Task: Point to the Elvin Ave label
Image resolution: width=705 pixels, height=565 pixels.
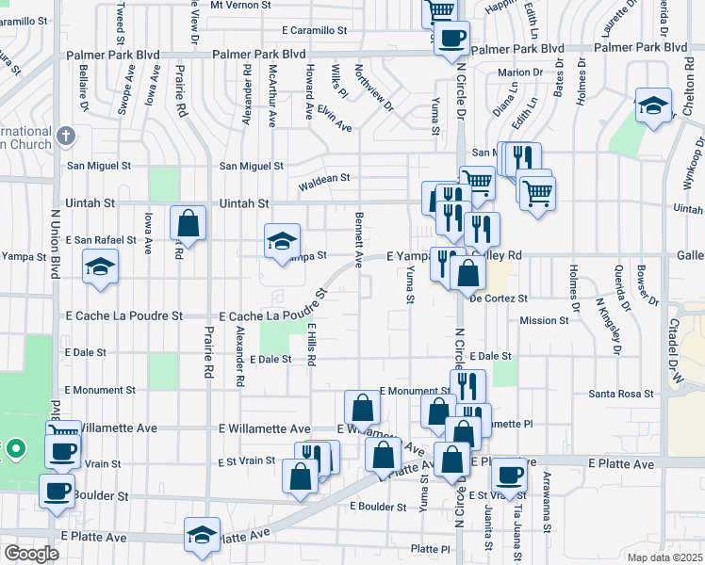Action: (x=334, y=120)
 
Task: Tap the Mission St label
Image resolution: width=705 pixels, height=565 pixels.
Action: (x=544, y=320)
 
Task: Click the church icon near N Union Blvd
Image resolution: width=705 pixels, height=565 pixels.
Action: (x=66, y=136)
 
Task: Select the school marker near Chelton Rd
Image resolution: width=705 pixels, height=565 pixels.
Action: (x=652, y=106)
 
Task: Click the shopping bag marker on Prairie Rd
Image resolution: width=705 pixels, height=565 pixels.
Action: (x=189, y=223)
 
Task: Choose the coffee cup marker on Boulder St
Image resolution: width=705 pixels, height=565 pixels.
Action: (x=57, y=491)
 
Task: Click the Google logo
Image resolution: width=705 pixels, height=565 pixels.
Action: (x=31, y=553)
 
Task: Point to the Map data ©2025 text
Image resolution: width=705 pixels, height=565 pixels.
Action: (x=664, y=557)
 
